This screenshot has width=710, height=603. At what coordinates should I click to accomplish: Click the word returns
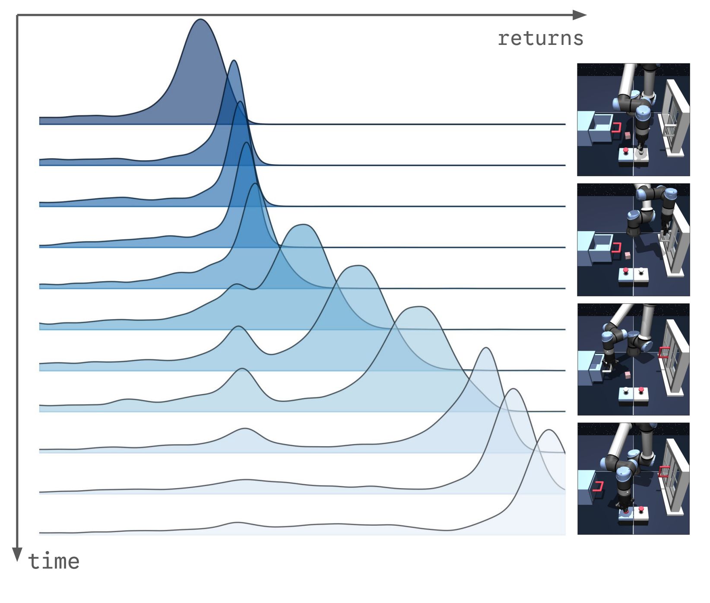pos(540,38)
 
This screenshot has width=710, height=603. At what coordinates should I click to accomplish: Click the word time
pos(54,561)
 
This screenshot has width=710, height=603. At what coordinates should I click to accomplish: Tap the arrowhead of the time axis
pos(17,555)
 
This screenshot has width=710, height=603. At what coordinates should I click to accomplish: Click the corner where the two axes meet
pos(17,15)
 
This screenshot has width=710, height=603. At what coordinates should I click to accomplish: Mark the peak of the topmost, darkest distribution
pos(200,19)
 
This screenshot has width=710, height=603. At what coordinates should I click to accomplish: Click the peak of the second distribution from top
pos(234,60)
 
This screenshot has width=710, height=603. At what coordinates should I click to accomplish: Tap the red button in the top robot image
pos(625,150)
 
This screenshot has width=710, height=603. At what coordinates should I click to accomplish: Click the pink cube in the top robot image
pos(628,136)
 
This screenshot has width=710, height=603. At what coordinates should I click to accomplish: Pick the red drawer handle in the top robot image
pos(617,127)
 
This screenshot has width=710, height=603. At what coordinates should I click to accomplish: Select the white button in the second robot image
pos(641,271)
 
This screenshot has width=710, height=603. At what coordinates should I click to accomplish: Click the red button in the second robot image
pos(625,271)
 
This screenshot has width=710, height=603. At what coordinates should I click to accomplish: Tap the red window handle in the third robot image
pos(663,352)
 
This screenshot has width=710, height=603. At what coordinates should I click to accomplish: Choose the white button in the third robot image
pos(625,390)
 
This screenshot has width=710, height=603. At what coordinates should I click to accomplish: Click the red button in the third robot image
pos(641,390)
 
